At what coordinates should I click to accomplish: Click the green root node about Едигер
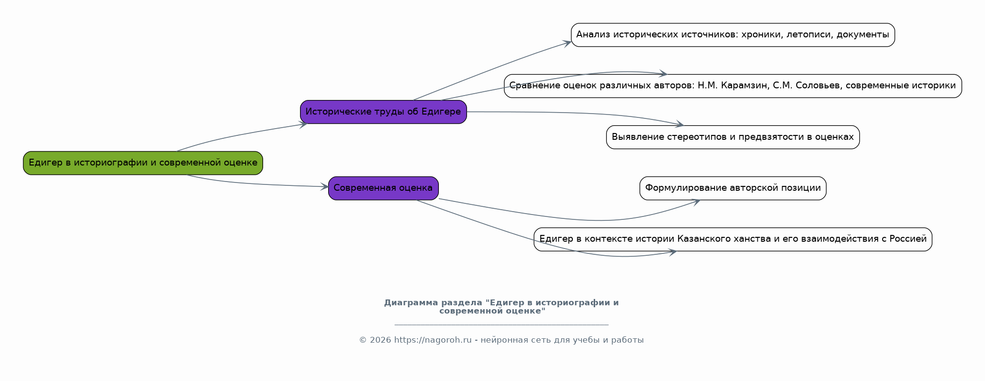143,163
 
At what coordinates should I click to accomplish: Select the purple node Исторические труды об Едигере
383,112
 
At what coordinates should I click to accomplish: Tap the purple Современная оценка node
383,188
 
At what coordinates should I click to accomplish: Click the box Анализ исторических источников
733,35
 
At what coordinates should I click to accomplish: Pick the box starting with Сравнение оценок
733,86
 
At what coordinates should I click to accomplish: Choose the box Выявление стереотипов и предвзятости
733,137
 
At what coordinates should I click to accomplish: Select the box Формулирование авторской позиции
733,188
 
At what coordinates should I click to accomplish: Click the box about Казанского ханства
733,239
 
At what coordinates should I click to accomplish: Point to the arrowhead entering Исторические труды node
303,125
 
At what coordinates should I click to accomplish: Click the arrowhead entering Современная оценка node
324,187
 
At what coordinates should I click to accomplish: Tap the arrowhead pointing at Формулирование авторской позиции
696,201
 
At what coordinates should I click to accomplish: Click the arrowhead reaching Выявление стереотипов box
679,125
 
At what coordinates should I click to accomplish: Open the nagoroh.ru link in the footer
433,340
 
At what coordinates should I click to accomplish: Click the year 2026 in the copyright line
381,340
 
